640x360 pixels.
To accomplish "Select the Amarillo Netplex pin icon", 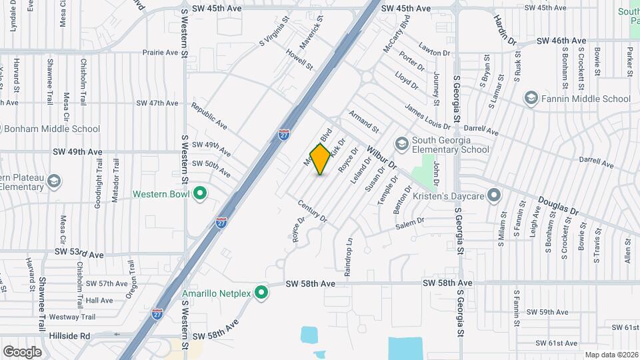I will pos(262,293).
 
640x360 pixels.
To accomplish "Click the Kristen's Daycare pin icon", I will pos(494,195).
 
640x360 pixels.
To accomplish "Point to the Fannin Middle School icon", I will pos(531,99).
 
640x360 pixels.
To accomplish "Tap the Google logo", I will pos(22,351).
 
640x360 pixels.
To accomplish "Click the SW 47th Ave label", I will pos(157,103).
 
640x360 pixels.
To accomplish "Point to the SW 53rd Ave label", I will pos(79,255).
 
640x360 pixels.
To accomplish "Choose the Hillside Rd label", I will pos(67,336).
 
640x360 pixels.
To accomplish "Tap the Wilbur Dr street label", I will pos(381,158).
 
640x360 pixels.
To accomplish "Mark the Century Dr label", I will pos(313,211).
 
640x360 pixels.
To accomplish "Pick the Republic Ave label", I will pos(209,116).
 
